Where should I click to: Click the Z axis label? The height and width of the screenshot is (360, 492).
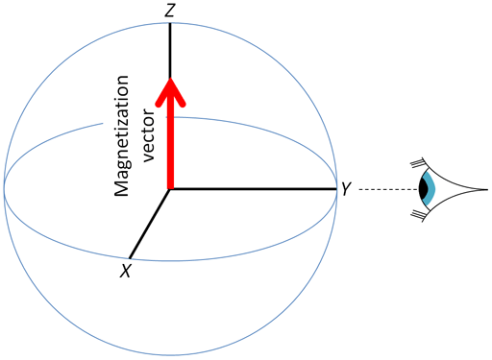point(170,11)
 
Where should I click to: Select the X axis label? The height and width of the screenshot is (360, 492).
point(125,271)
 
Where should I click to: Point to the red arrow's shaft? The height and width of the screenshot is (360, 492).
point(170,144)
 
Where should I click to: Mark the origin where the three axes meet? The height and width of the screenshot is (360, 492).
point(170,189)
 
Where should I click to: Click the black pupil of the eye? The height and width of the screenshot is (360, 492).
point(423,189)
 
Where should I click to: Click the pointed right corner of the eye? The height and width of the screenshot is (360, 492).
point(486,189)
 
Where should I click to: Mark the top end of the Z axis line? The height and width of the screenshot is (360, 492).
point(170,23)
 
